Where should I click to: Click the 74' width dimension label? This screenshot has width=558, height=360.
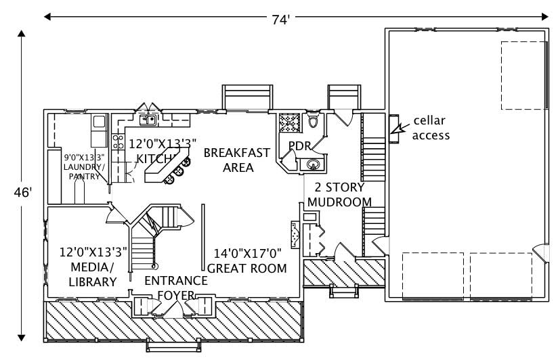(x=281, y=20)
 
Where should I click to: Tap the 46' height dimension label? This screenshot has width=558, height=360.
(x=22, y=192)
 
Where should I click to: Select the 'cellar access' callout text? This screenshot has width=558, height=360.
(x=431, y=128)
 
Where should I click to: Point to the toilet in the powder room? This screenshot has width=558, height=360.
(x=312, y=122)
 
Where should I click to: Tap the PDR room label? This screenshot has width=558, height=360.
(x=299, y=146)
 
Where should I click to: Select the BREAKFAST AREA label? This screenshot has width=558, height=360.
(x=228, y=159)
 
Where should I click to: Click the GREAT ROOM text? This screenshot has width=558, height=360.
(x=246, y=268)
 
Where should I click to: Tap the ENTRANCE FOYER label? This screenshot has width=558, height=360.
(x=175, y=288)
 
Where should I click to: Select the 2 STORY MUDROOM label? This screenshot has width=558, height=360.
(x=339, y=194)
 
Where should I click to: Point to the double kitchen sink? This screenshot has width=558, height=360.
(x=148, y=120)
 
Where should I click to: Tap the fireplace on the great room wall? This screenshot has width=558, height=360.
(x=295, y=235)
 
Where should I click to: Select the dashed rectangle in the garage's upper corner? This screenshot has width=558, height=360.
(x=523, y=75)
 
